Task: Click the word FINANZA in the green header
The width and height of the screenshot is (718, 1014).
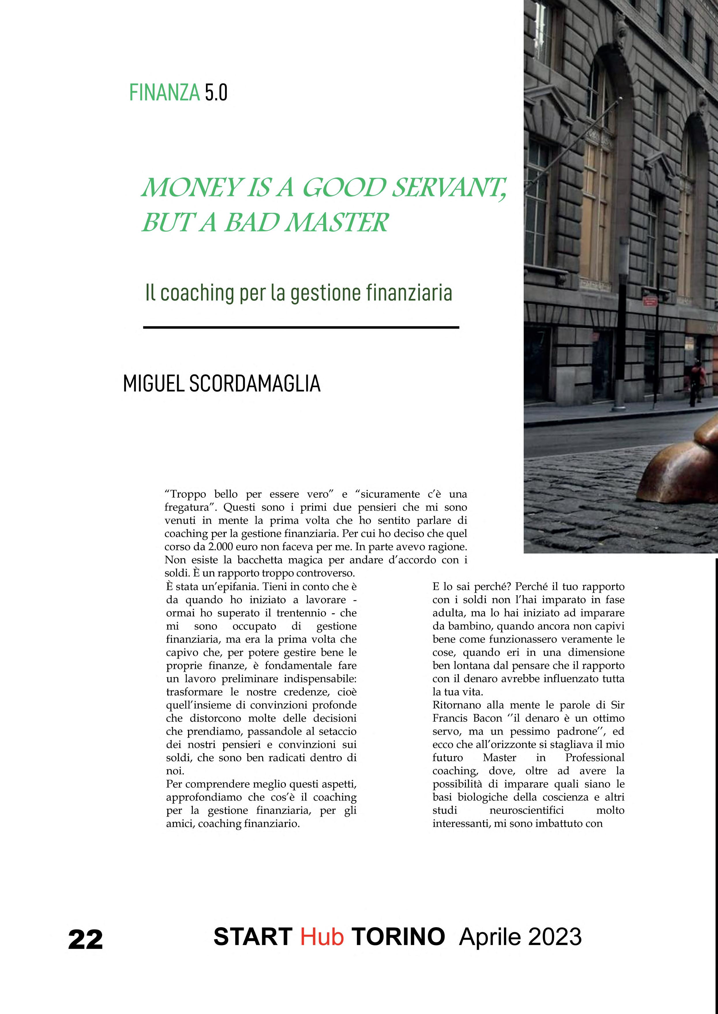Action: tap(164, 92)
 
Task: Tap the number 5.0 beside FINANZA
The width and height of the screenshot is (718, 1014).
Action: tap(216, 92)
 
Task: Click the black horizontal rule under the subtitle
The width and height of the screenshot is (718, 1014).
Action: tap(301, 328)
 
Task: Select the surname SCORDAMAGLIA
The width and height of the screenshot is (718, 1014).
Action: tap(255, 383)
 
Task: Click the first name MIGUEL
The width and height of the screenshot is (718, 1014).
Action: tap(153, 383)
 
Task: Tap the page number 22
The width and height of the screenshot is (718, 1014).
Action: tap(85, 939)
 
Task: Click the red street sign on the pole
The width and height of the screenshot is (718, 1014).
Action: tap(649, 301)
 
